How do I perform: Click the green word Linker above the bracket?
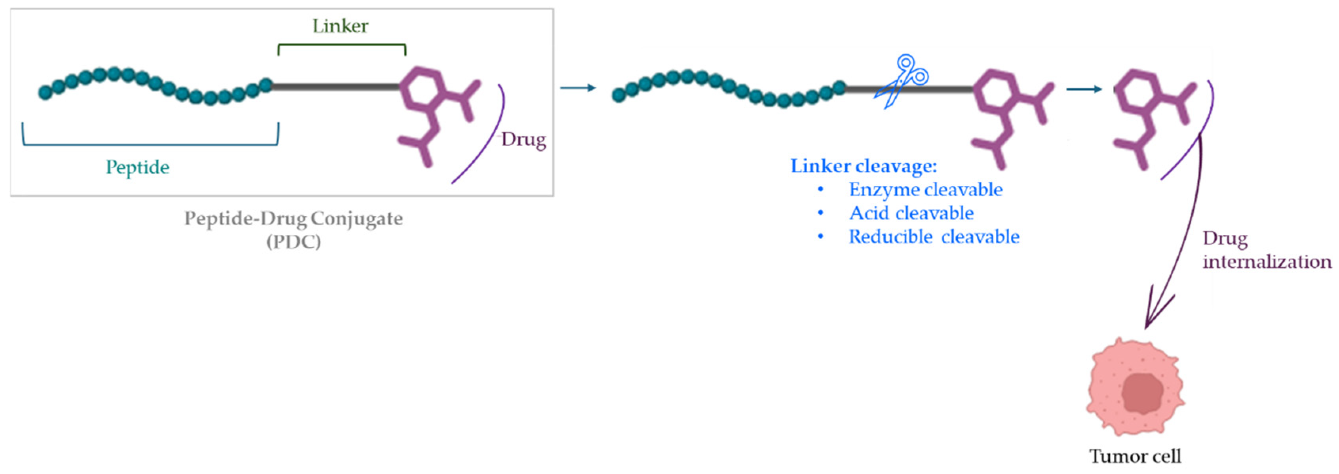pyautogui.click(x=340, y=26)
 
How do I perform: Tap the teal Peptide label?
pyautogui.click(x=138, y=168)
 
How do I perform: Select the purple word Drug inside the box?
pyautogui.click(x=523, y=139)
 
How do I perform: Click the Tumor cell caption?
pyautogui.click(x=1135, y=456)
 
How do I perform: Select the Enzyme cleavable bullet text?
pyautogui.click(x=925, y=190)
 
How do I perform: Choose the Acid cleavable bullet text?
pyautogui.click(x=911, y=213)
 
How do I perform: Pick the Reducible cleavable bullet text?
pyautogui.click(x=934, y=237)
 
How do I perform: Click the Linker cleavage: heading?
pyautogui.click(x=864, y=166)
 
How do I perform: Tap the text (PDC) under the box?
pyautogui.click(x=294, y=242)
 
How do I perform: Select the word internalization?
pyautogui.click(x=1267, y=261)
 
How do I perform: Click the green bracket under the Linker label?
pyautogui.click(x=342, y=45)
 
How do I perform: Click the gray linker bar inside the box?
pyautogui.click(x=335, y=87)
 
